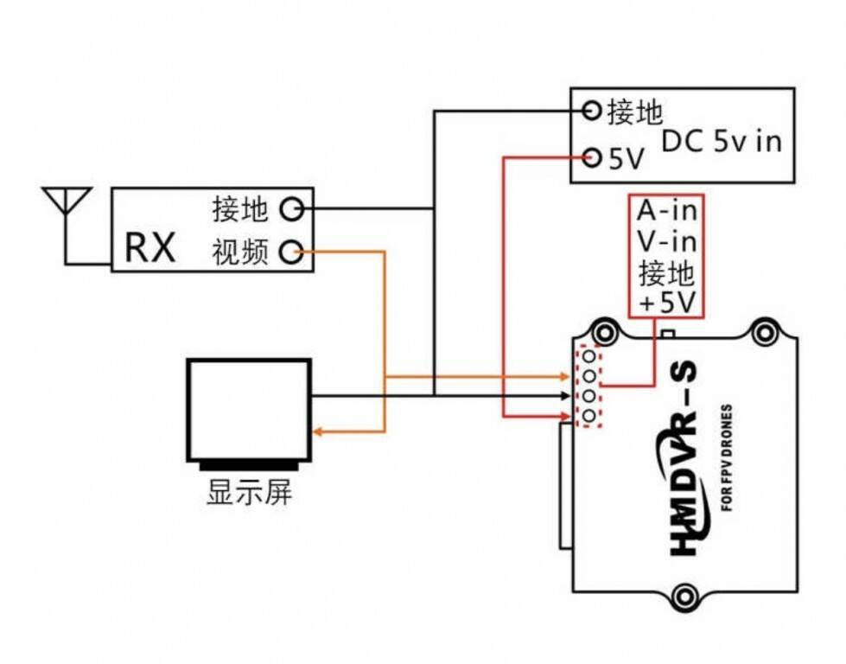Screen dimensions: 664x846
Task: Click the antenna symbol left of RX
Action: (x=67, y=207)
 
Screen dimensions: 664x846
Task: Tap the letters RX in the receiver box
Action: (x=150, y=247)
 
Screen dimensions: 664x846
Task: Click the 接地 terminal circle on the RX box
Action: (x=292, y=208)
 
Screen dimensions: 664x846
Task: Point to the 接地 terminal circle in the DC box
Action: (x=592, y=111)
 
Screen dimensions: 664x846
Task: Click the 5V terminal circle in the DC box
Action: (x=592, y=157)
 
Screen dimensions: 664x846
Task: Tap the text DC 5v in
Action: (x=721, y=141)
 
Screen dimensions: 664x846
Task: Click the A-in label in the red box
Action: (x=666, y=210)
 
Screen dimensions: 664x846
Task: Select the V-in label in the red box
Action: (x=666, y=241)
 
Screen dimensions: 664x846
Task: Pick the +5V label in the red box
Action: (x=666, y=303)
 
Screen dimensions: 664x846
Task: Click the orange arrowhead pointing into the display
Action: (x=317, y=431)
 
